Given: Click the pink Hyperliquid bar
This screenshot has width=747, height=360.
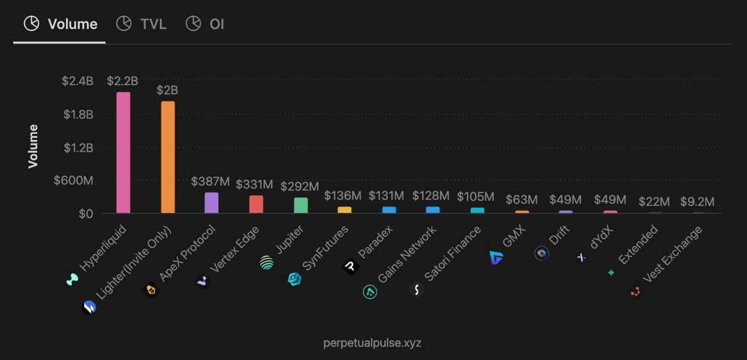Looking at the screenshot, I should point(123,153).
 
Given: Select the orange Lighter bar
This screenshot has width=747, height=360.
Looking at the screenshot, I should point(168,158).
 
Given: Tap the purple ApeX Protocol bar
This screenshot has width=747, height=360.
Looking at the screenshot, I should point(211,202).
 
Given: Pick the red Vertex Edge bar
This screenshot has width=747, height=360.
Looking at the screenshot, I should point(256,204).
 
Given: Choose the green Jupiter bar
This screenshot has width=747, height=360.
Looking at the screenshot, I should point(301,205).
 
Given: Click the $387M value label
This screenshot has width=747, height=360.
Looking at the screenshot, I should point(210,181).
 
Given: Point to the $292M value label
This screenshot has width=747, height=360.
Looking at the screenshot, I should point(299,187).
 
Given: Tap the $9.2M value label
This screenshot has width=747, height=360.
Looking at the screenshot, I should point(697,202).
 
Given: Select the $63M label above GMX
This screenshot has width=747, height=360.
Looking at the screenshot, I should point(521,201).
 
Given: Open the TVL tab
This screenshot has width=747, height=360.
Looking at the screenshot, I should point(142,24).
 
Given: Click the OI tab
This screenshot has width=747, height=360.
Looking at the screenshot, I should point(205,24).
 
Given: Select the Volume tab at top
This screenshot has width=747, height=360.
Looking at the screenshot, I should point(61,24).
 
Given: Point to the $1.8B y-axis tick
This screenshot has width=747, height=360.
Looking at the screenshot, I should point(78,114).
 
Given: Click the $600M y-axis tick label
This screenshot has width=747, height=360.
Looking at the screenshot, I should point(74,181).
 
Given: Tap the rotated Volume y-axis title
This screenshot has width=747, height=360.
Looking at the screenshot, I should point(33,146).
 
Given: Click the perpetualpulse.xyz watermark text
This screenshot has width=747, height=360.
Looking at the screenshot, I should point(372,343).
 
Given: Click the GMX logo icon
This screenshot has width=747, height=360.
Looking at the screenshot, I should point(497,257).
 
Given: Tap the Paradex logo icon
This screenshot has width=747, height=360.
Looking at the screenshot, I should point(350,267).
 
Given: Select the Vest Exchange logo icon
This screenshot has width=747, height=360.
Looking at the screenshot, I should point(636,291).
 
